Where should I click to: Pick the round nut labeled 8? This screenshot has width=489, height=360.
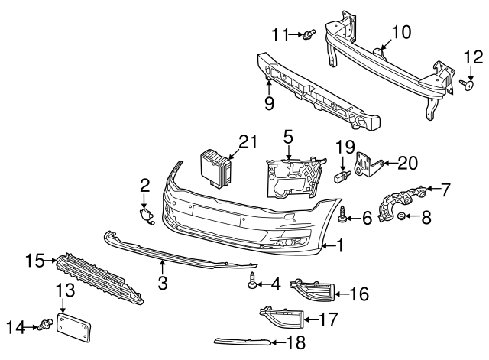[403, 219]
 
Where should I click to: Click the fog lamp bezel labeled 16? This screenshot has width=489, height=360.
[313, 290]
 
